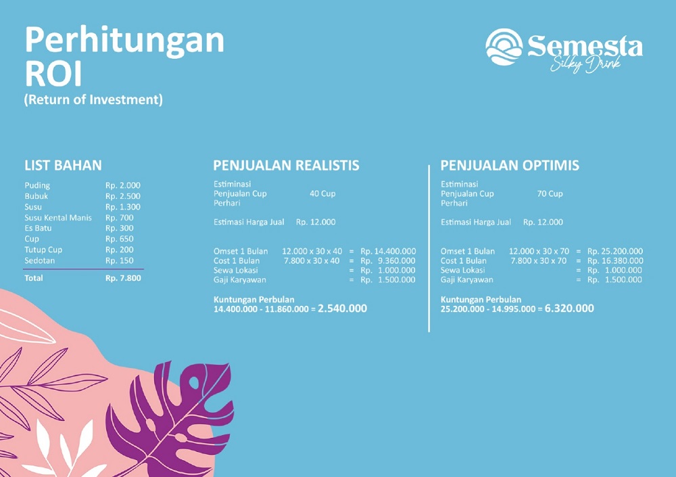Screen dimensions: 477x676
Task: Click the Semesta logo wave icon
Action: (504, 47)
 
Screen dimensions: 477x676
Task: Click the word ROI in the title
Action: (53, 74)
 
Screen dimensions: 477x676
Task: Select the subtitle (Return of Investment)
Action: (93, 100)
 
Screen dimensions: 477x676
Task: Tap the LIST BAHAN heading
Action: (63, 166)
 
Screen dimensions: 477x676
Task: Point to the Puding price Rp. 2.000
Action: (123, 185)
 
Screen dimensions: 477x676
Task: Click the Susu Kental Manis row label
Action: (58, 218)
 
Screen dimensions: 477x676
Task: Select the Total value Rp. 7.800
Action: (123, 278)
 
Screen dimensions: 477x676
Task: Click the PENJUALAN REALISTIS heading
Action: (286, 166)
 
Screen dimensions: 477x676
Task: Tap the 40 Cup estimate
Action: (322, 194)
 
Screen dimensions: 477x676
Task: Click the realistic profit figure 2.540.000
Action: (342, 309)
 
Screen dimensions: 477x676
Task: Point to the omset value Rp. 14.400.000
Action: (388, 251)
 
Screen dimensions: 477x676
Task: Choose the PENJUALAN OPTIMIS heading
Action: (510, 166)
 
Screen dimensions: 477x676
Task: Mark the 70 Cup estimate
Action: (550, 194)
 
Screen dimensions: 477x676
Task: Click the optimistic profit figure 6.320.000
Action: (569, 309)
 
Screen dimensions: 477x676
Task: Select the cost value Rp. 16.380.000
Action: (615, 260)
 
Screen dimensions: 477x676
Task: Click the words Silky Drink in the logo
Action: (585, 65)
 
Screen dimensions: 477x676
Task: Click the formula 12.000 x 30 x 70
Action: (539, 251)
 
